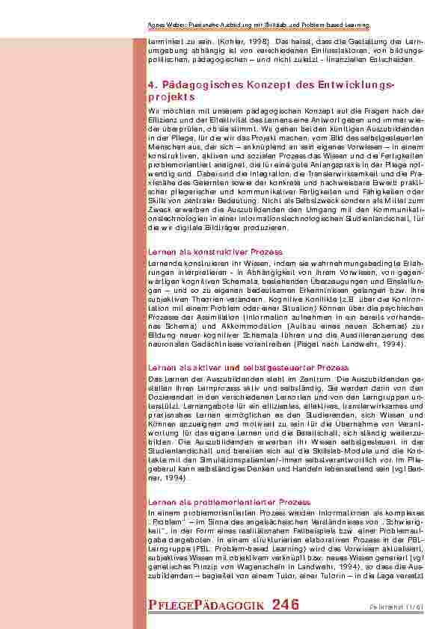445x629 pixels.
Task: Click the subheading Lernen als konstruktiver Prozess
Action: [x=215, y=252]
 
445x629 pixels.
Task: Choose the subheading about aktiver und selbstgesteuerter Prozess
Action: [x=248, y=368]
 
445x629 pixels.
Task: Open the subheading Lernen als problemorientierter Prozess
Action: [x=230, y=501]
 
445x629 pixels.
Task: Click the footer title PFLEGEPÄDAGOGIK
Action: [x=206, y=605]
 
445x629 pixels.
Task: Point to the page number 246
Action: [x=286, y=604]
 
